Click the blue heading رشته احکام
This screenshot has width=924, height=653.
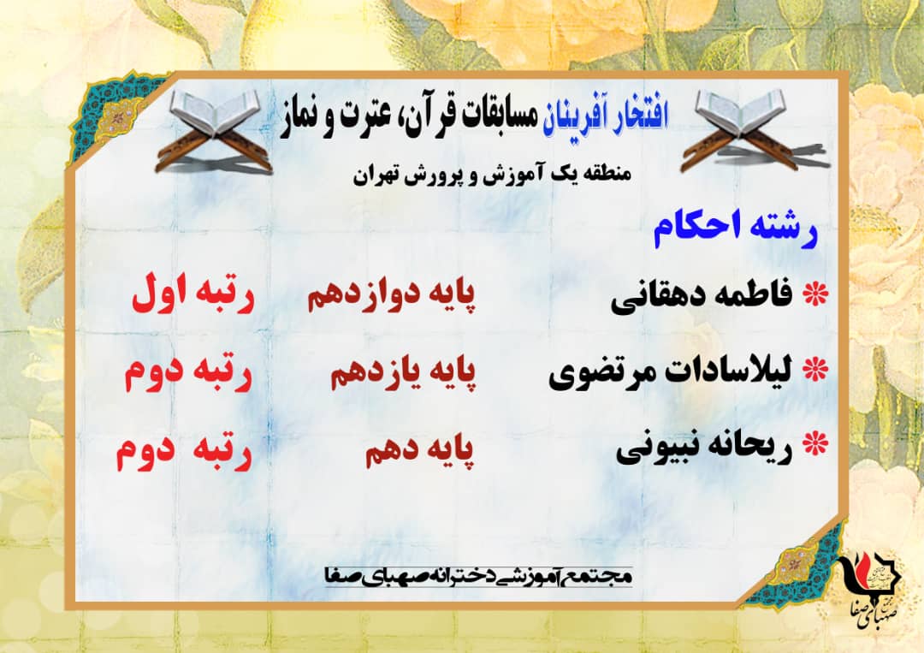pos(736,229)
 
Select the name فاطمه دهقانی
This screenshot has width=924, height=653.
pos(702,296)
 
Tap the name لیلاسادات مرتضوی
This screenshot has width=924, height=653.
pos(671,372)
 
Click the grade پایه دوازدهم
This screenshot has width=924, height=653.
pos(391,294)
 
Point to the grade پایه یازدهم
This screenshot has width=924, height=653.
pos(403,372)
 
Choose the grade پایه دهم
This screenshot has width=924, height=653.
pos(419,451)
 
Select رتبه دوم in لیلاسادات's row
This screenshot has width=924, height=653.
pos(188,372)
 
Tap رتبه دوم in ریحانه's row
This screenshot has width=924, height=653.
pos(185,451)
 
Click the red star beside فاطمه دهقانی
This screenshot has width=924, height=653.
pos(816,294)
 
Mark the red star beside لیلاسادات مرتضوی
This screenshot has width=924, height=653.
pos(816,370)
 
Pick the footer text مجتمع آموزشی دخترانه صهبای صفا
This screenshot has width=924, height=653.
pos(478,576)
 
